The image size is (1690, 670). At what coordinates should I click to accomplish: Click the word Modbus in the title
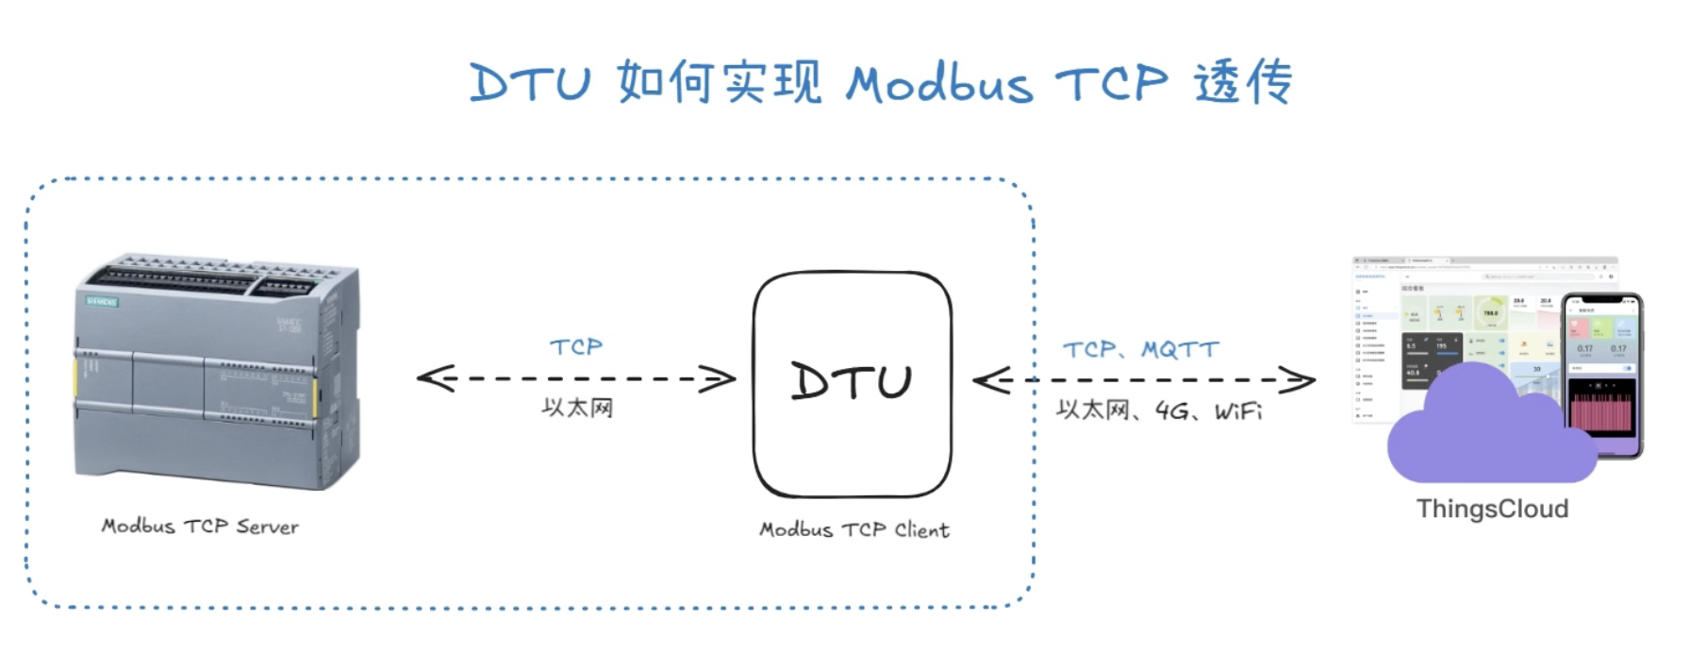[x=938, y=84]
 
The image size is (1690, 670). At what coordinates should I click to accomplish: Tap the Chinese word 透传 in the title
[x=1242, y=82]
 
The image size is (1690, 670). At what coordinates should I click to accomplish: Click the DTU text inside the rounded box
[x=852, y=381]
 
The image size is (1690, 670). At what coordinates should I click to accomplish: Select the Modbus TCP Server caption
[x=200, y=527]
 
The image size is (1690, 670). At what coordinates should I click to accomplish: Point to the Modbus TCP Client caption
[x=854, y=530]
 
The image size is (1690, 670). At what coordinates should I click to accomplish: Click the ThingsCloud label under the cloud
[x=1492, y=510]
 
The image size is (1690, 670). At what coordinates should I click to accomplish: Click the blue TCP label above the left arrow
[x=576, y=347]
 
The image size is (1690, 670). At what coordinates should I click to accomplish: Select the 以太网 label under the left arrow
[x=577, y=408]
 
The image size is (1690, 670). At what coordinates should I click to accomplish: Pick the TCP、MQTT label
[x=1141, y=350]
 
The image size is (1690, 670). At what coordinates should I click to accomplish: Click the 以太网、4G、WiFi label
[x=1159, y=410]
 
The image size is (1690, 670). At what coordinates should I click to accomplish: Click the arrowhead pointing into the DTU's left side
[x=722, y=379]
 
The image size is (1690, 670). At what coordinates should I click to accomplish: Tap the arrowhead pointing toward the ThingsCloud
[x=1301, y=380]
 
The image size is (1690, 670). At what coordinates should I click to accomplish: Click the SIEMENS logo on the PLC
[x=102, y=302]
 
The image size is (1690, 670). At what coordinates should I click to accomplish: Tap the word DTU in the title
[x=530, y=83]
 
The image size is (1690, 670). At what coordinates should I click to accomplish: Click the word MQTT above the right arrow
[x=1180, y=350]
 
